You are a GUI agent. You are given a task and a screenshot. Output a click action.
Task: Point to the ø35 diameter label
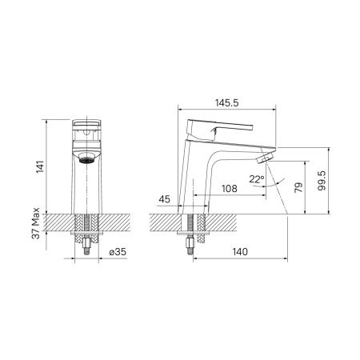117,252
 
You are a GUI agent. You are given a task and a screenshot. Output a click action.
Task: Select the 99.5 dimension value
321,180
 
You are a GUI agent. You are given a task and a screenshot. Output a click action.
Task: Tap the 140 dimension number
240,252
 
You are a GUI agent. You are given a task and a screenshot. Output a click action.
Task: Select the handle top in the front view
87,124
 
